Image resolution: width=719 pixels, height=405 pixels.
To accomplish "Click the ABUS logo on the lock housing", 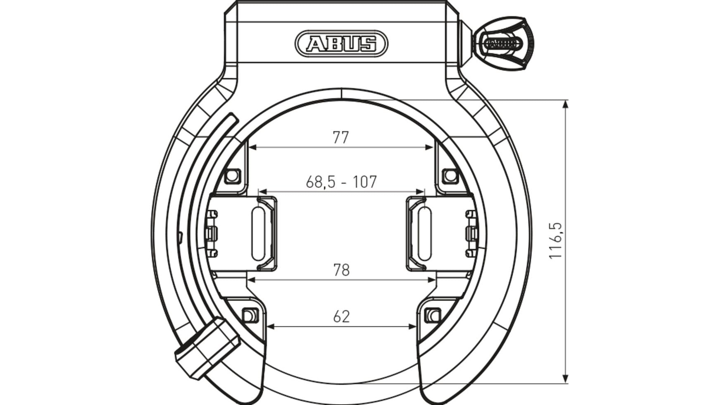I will (341, 43).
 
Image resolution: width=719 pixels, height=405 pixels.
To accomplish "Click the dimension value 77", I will (341, 137).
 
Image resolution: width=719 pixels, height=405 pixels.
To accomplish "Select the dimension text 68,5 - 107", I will (341, 182).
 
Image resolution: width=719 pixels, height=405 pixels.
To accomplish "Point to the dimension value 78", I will (341, 270).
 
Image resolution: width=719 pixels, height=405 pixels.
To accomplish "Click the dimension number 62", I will (341, 317).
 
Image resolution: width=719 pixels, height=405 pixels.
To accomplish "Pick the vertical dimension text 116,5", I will (556, 241).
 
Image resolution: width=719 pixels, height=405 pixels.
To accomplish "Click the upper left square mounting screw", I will (232, 176).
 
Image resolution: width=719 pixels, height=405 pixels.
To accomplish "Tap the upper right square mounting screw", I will (450, 176).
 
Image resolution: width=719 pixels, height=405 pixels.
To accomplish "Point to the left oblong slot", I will (258, 234).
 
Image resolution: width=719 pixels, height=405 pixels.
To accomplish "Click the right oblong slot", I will (424, 234).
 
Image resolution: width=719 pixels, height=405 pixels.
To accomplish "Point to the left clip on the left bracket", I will (211, 234).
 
